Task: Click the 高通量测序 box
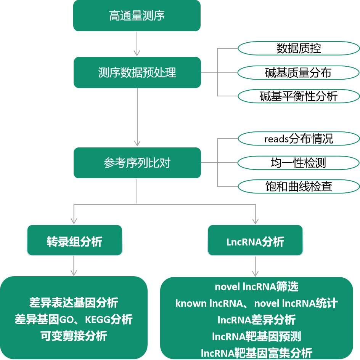(x=137, y=16)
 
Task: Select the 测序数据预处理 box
(x=137, y=72)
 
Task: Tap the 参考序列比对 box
(x=137, y=163)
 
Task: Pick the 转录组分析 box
(x=74, y=240)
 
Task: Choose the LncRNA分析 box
(x=255, y=240)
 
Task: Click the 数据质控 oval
(x=299, y=48)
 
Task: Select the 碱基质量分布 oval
(x=299, y=72)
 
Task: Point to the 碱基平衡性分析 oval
(x=299, y=96)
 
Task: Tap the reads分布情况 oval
(x=299, y=139)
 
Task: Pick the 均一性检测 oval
(x=299, y=163)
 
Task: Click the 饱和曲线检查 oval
(x=299, y=186)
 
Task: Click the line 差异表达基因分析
(x=74, y=302)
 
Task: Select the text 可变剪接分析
(x=74, y=336)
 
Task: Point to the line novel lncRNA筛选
(x=256, y=286)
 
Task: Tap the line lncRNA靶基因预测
(x=256, y=336)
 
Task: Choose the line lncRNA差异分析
(x=256, y=319)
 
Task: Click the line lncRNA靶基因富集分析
(x=256, y=353)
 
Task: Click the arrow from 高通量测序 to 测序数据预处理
(x=137, y=44)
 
